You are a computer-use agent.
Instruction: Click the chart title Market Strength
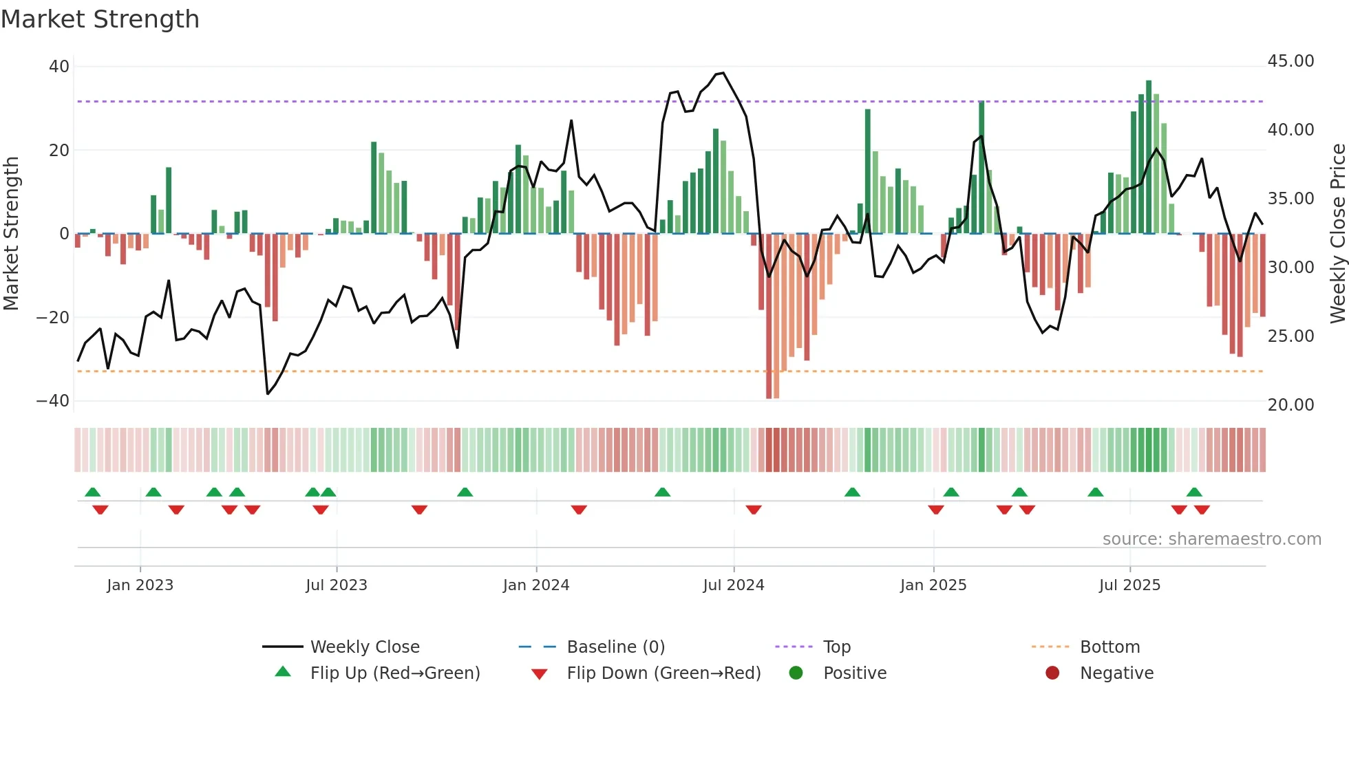coord(100,19)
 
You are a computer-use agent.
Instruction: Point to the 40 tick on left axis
coord(59,67)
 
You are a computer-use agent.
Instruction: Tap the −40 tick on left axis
coord(53,401)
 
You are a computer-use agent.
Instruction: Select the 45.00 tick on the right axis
coord(1290,61)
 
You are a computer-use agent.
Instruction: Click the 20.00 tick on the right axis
coord(1290,405)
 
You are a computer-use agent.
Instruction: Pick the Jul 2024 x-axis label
coord(733,585)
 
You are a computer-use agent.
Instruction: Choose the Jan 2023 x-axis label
coord(140,585)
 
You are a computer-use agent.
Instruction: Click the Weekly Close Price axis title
coord(1337,234)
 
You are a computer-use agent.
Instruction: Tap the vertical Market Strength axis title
coord(11,234)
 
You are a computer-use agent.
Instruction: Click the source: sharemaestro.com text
coord(1211,539)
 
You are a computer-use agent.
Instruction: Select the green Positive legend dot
coord(796,673)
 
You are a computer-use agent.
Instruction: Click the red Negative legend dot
coord(1052,673)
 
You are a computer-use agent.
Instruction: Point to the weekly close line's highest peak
coord(723,73)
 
